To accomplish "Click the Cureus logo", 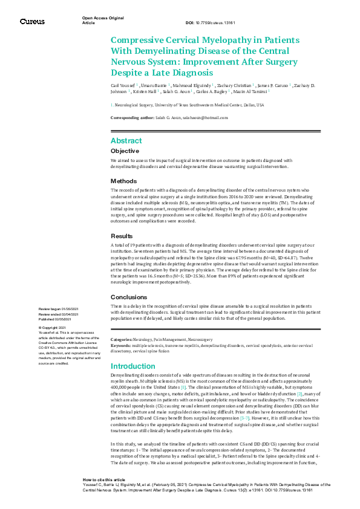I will coord(32,22).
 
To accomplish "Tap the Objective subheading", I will coord(125,151).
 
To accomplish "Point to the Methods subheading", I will coord(123,181).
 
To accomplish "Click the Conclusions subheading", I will coord(129,297).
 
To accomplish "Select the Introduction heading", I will coord(134,366).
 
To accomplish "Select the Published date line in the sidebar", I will coord(58,319).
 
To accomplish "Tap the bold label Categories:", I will coord(122,340).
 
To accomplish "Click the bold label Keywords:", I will coord(121,345).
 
